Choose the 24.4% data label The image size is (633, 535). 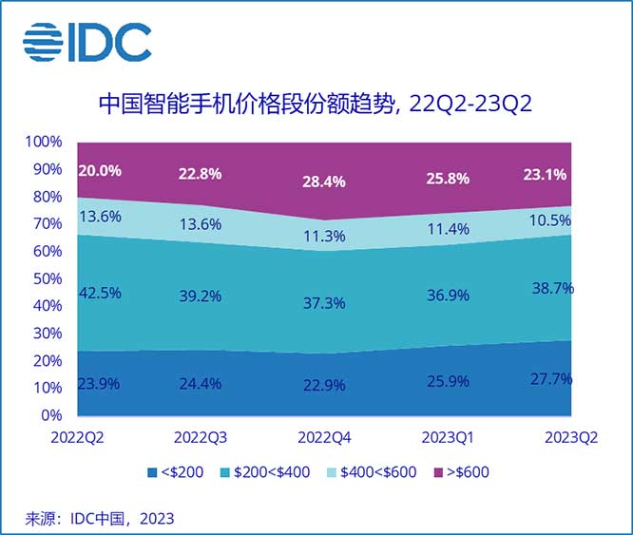coord(199,387)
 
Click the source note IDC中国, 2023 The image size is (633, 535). coord(100,518)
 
